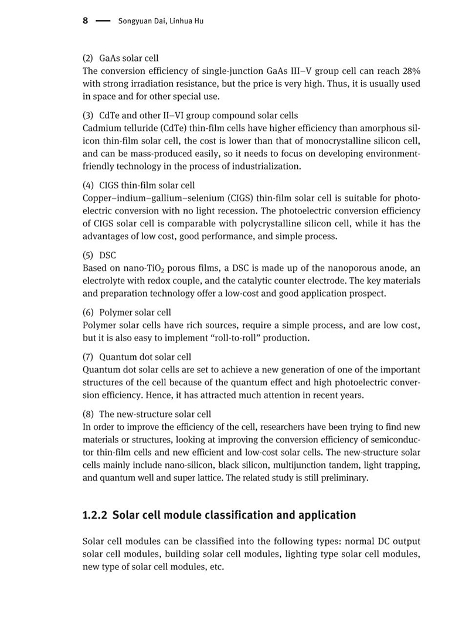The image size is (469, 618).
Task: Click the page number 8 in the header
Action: (x=85, y=21)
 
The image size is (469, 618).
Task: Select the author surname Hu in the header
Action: (x=198, y=22)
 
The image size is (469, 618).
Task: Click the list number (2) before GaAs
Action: (x=88, y=58)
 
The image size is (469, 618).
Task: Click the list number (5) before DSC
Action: (x=88, y=255)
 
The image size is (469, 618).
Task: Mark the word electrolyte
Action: (x=105, y=281)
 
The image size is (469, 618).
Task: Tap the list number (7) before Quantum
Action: (x=88, y=357)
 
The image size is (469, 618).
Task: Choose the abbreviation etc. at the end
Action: (x=216, y=567)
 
